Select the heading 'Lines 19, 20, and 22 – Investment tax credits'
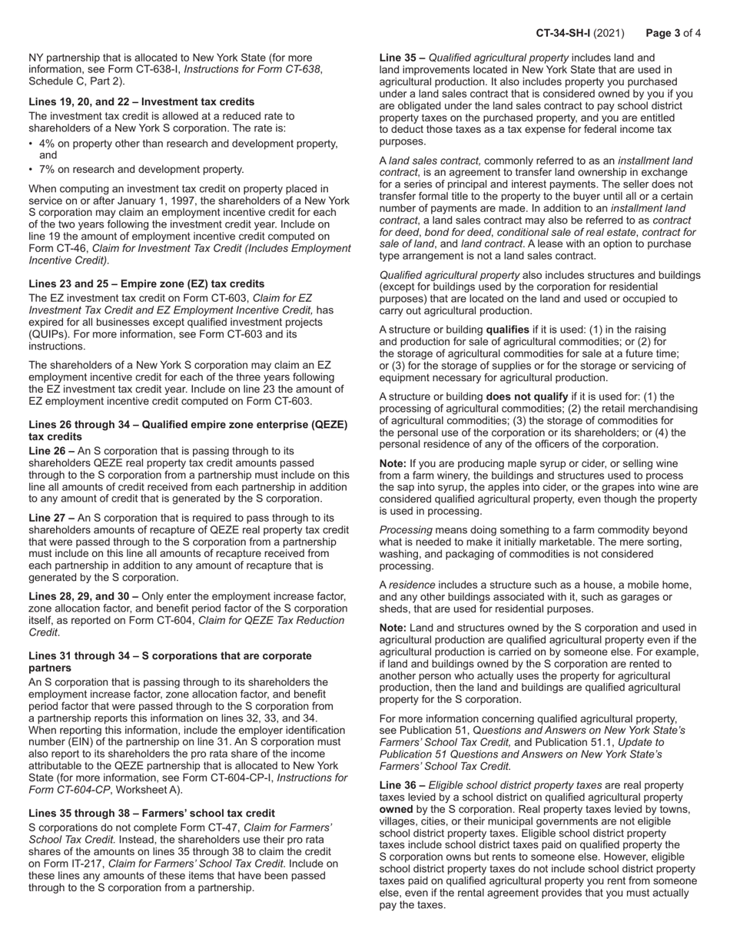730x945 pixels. pyautogui.click(x=141, y=101)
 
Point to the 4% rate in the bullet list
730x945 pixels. pyautogui.click(x=48, y=144)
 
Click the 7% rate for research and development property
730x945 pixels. pyautogui.click(x=48, y=169)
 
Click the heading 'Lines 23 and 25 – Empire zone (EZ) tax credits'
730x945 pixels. pyautogui.click(x=146, y=283)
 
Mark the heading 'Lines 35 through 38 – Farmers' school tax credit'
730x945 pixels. pyautogui.click(x=151, y=813)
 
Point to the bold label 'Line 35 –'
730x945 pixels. pyautogui.click(x=403, y=58)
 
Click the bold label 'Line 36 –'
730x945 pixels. pyautogui.click(x=403, y=785)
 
